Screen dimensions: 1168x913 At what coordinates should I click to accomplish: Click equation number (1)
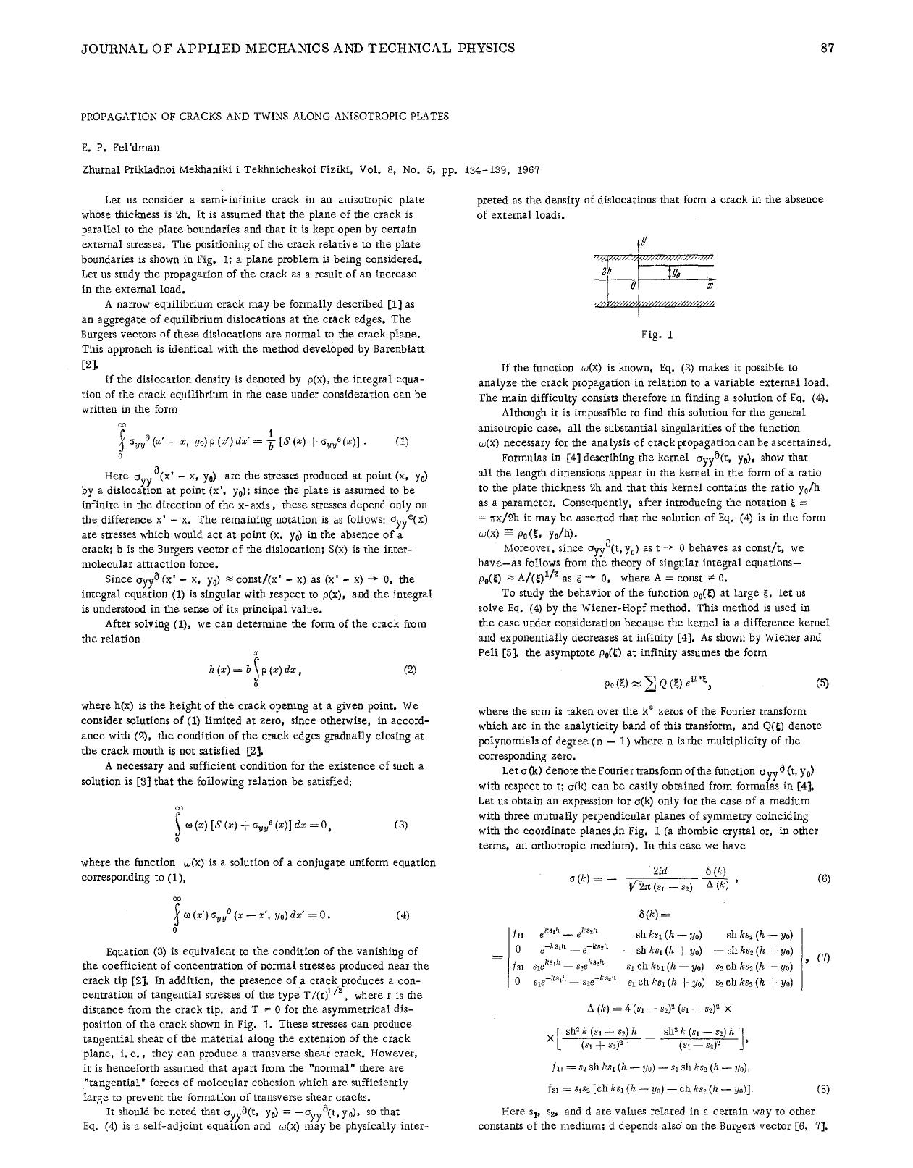[403, 441]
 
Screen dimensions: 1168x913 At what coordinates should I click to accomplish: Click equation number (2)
[409, 670]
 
